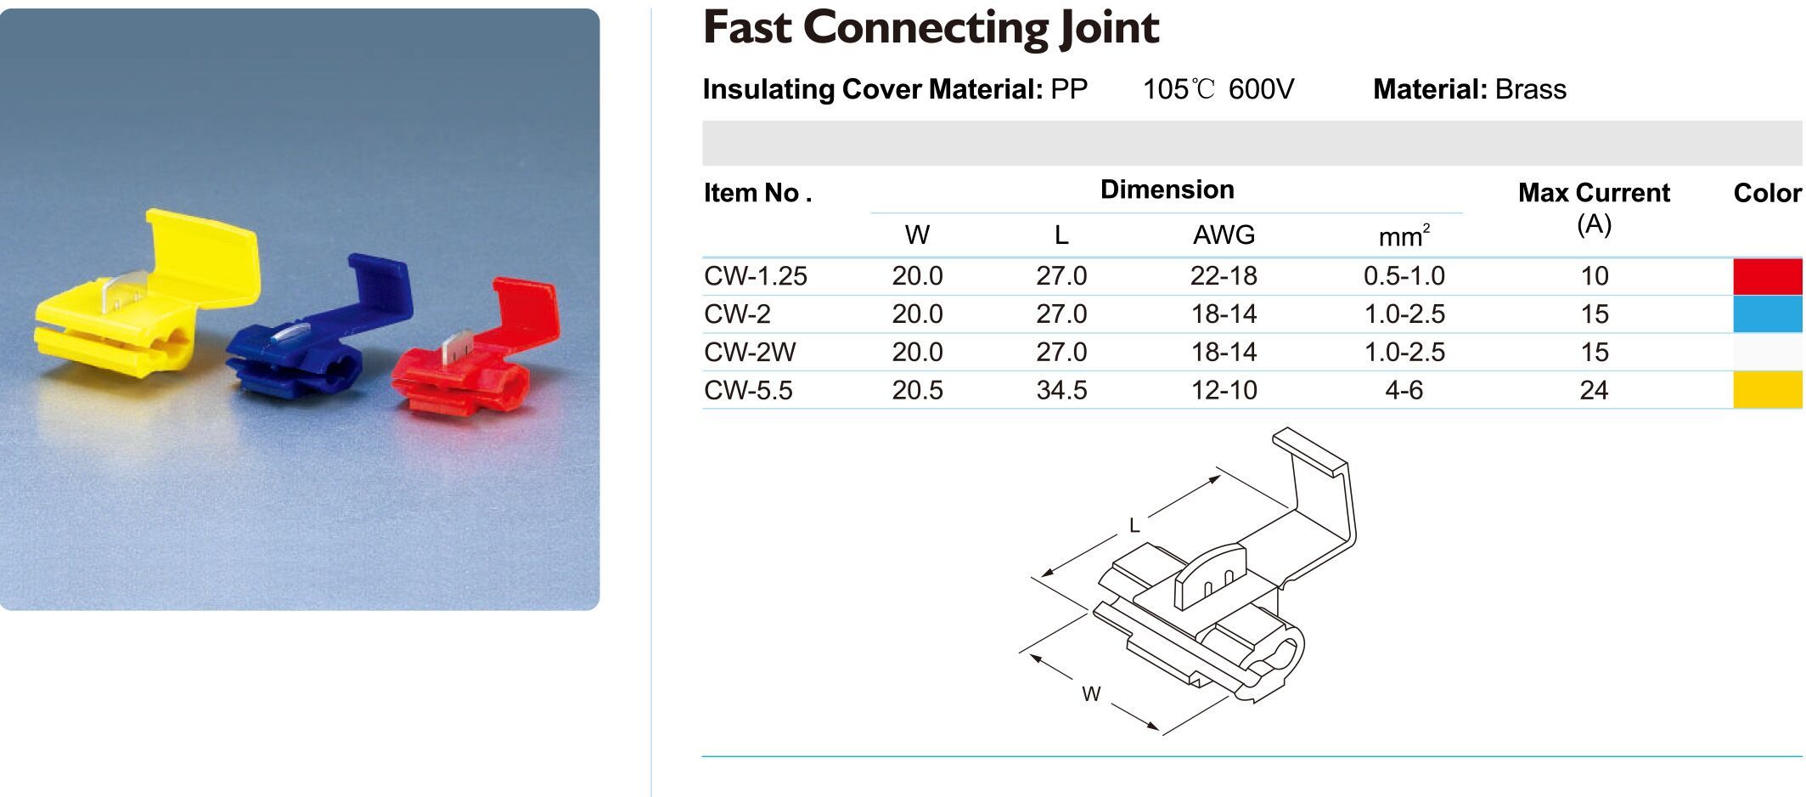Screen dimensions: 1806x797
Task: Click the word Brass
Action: pos(1530,89)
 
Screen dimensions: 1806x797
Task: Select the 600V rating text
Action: pos(1261,89)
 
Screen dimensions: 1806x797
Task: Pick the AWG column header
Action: pos(1224,235)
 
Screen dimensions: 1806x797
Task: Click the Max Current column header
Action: pos(1594,207)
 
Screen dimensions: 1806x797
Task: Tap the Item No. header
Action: pos(757,193)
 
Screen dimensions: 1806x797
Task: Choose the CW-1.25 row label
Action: pos(755,276)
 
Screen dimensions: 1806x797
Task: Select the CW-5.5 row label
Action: pos(748,390)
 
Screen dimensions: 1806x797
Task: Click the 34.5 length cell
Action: pos(1061,390)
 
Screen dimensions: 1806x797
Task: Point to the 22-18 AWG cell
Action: pos(1224,276)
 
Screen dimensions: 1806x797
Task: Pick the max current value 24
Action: pos(1594,390)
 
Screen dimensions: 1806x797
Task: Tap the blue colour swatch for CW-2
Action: pos(1769,314)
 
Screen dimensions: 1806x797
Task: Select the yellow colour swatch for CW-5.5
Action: pos(1769,390)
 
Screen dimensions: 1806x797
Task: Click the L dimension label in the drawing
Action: pos(1134,526)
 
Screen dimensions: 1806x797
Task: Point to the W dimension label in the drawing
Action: pos(1091,694)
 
